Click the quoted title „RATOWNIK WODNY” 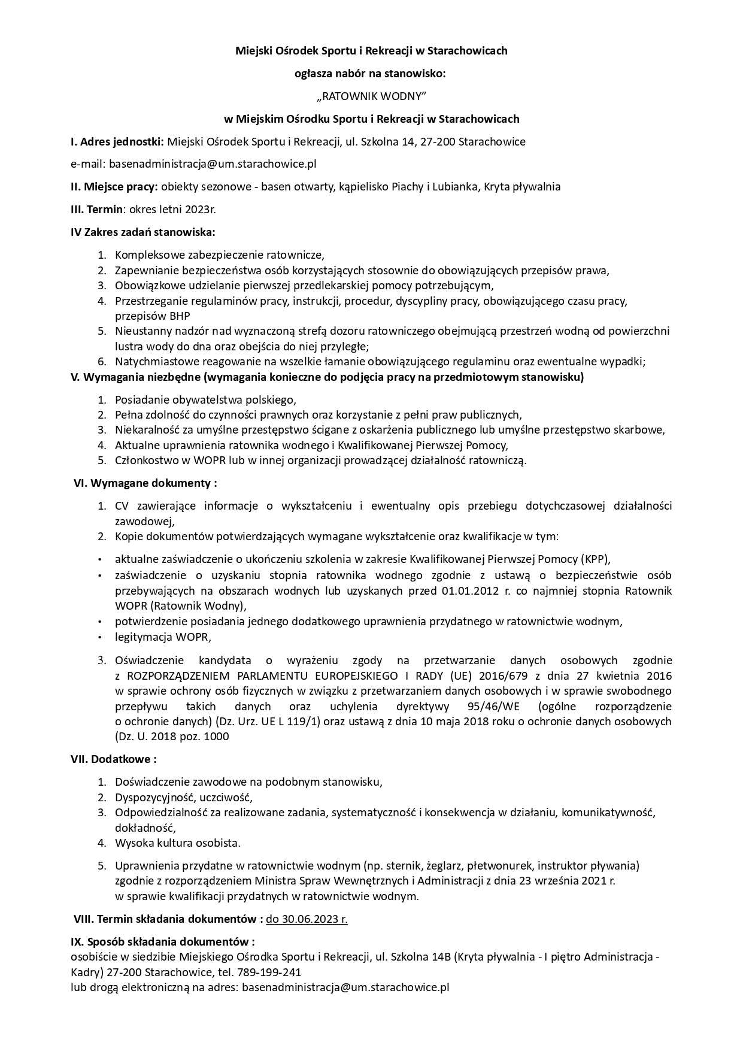pos(371,96)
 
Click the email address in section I pos(212,164)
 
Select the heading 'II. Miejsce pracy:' pos(114,187)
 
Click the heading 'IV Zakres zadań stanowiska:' pos(142,232)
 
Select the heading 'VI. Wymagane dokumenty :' pos(145,483)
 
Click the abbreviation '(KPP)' pos(596,560)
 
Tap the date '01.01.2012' pos(466,591)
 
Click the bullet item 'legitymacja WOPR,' pos(163,637)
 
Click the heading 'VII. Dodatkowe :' pos(114,759)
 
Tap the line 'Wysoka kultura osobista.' pos(178,843)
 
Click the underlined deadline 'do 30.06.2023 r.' pos(307,919)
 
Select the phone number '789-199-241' pos(269,972)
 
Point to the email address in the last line pos(345,987)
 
